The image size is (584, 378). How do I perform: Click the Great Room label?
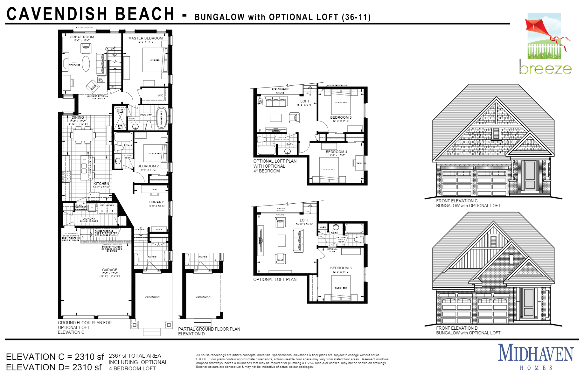point(82,37)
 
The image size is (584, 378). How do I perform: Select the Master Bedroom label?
point(145,38)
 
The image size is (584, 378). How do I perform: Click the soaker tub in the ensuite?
point(161,117)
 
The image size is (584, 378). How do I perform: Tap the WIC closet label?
point(160,95)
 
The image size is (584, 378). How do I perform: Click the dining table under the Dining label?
point(82,135)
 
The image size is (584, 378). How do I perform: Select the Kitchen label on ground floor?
point(101,184)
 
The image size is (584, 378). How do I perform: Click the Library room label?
point(156,202)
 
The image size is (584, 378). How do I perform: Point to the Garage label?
point(109,270)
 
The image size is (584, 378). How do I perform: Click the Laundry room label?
point(89,219)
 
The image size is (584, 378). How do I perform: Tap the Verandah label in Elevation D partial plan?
point(203,297)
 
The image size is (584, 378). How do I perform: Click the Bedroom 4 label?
point(336,152)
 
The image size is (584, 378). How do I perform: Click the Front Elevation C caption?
point(457,201)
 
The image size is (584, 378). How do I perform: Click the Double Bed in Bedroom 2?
point(155,153)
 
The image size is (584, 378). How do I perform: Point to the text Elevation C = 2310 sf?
point(55,357)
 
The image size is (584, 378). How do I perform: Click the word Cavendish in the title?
point(57,14)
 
